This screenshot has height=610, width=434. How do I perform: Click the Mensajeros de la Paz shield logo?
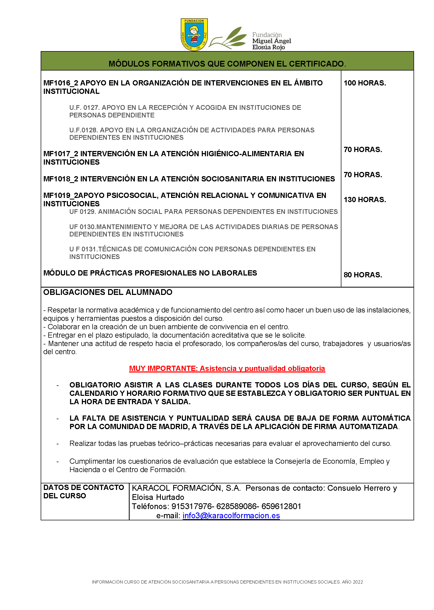pos(194,34)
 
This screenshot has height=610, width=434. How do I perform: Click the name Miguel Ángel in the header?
pos(272,41)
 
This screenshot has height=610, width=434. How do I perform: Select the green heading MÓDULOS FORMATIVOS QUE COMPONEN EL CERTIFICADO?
pos(227,64)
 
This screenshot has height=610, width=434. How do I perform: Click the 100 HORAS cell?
pos(364,83)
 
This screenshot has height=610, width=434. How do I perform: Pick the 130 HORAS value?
pos(364,200)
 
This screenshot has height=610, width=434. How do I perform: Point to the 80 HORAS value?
pos(363,275)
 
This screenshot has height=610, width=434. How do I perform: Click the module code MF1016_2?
pos(61,83)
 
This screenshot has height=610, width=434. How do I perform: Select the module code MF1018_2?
pos(61,179)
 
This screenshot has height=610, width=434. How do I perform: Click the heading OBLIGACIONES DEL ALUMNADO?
pos(108,292)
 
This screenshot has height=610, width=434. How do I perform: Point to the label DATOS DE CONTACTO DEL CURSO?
pos(83,492)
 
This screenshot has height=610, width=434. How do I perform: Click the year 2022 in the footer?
pos(358,582)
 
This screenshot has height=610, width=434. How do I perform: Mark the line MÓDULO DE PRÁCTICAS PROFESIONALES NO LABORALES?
pos(150,273)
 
